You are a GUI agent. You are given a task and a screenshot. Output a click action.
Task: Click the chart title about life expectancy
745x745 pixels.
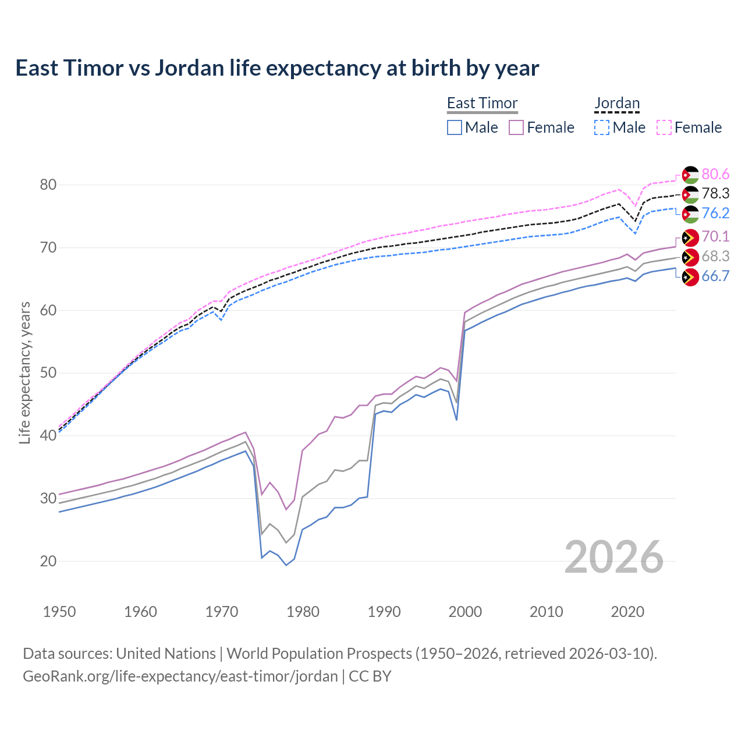[x=277, y=68]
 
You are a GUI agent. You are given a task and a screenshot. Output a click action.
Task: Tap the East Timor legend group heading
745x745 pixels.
[x=482, y=103]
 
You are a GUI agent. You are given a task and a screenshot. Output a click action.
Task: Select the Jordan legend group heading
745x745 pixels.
[x=617, y=103]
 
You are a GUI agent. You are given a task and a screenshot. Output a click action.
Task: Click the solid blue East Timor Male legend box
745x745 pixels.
[x=455, y=127]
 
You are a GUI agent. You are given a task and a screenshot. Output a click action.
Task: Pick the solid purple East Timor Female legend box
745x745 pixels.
[x=517, y=127]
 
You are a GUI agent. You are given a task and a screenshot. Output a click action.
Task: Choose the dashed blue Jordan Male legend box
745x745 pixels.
[x=602, y=127]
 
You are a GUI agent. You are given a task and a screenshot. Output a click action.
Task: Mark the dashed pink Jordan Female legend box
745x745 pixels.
[x=664, y=127]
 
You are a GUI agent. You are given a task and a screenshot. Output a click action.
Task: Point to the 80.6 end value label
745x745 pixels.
[x=715, y=174]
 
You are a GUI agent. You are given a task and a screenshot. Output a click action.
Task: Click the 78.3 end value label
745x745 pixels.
[x=715, y=193]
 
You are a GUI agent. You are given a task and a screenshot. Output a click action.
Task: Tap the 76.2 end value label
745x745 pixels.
[x=715, y=213]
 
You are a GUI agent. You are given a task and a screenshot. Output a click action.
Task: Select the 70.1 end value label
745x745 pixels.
[x=715, y=236]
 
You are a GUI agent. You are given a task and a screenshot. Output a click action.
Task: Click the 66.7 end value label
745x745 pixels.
[x=715, y=276]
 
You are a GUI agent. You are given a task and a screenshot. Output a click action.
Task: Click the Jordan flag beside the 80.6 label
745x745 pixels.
[x=690, y=175]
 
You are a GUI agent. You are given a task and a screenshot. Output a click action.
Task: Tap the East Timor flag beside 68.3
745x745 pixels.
[x=690, y=257]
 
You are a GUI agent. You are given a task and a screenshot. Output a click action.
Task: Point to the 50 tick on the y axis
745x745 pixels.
[x=48, y=372]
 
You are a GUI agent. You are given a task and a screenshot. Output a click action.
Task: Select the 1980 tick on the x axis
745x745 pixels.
[x=303, y=612]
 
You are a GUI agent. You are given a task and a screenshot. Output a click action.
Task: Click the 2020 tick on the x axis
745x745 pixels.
[x=627, y=612]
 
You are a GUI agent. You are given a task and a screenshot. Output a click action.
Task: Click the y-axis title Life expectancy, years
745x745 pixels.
[x=25, y=372]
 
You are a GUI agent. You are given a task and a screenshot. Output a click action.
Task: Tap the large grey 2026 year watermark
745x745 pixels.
[x=614, y=557]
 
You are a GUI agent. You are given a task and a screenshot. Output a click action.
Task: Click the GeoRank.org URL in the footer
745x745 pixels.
[x=180, y=676]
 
